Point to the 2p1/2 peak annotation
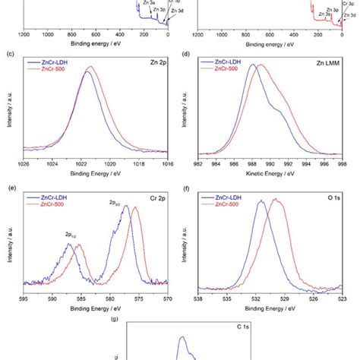point(70,235)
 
